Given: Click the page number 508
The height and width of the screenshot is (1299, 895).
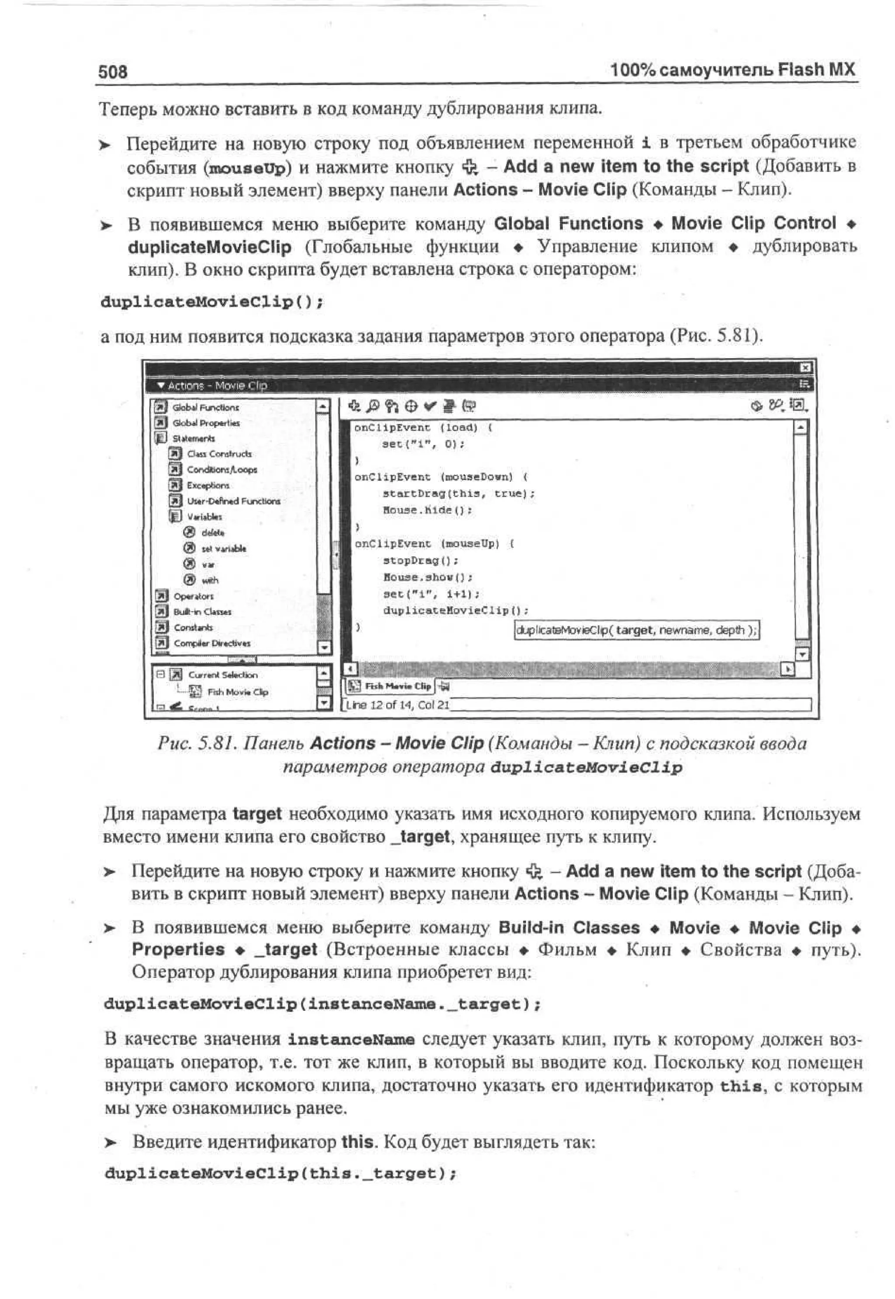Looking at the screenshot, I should point(113,72).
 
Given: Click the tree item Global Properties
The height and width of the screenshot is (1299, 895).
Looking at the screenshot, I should point(205,423).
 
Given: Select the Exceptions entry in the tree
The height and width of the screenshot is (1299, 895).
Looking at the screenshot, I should point(208,485).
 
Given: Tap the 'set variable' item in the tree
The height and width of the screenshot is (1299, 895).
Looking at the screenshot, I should point(223,549).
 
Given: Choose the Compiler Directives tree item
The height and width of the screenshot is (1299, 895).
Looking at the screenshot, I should point(212,643).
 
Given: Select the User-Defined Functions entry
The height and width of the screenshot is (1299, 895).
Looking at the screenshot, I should point(233,501).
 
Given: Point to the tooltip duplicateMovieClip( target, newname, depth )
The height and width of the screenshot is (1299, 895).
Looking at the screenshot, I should point(636,630).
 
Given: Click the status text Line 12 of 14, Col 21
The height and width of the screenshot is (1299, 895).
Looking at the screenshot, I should point(397,705).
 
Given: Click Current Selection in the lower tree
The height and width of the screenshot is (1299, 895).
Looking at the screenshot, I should point(222,675).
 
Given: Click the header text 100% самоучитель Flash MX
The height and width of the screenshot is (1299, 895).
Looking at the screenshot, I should point(732,70).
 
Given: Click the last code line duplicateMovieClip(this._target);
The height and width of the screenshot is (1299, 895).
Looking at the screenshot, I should point(281,1174).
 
